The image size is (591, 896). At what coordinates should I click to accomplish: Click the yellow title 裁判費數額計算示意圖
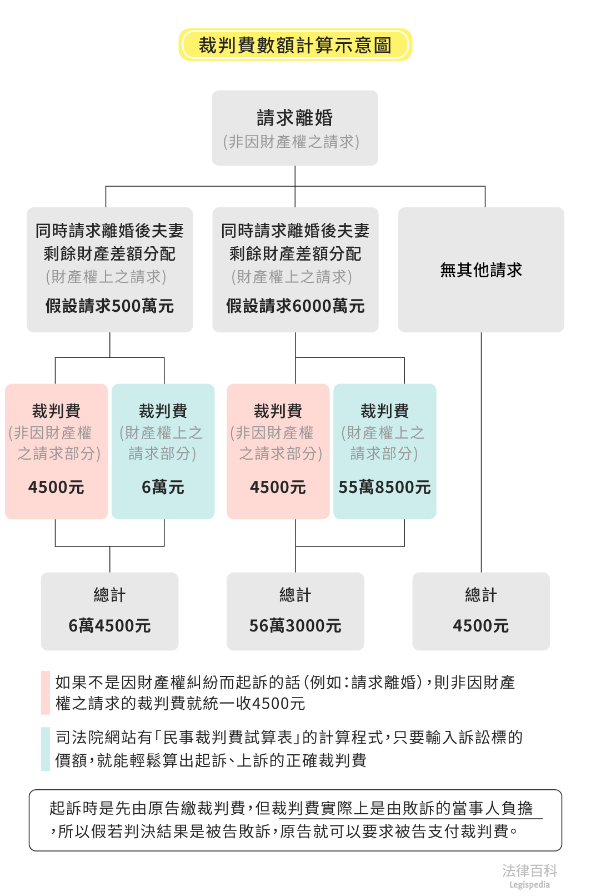click(295, 45)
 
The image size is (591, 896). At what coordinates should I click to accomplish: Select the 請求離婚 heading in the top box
click(295, 118)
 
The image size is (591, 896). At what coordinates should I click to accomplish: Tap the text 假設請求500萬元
click(109, 306)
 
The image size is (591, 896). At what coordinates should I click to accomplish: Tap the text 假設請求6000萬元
click(295, 306)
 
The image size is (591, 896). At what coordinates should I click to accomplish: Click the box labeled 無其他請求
click(481, 270)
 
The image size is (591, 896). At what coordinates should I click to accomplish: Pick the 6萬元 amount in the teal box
click(163, 487)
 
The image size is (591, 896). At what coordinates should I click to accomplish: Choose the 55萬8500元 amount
click(384, 487)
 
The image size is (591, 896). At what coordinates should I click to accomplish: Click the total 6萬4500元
click(109, 626)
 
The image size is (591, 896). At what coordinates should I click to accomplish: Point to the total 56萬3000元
click(295, 626)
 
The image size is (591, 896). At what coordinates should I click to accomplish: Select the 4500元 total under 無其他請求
click(481, 626)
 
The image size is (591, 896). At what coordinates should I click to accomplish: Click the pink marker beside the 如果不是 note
click(46, 693)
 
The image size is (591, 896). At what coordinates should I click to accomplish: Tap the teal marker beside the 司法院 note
click(46, 749)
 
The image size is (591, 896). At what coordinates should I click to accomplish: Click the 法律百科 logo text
click(529, 870)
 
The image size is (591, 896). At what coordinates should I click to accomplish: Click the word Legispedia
click(529, 885)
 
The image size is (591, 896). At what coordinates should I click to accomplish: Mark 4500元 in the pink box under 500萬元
click(56, 487)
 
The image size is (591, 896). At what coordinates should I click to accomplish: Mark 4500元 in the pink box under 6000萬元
click(278, 487)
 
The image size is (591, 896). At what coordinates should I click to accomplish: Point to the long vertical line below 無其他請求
click(481, 450)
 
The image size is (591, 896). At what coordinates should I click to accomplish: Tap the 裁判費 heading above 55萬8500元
click(384, 411)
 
